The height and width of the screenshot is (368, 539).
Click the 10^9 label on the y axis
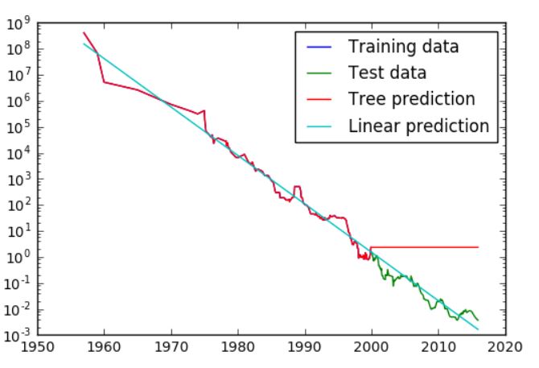point(17,24)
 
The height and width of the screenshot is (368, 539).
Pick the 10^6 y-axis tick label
point(17,102)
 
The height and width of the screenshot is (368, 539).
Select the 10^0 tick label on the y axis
point(17,258)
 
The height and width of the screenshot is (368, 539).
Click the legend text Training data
point(403,46)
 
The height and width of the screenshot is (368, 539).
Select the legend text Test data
point(386,72)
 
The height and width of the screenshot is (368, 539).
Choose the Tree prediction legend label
point(410,99)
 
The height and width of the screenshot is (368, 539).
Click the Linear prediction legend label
point(418,126)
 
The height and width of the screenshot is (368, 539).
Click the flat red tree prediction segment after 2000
point(426,247)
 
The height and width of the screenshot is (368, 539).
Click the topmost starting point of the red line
point(84,33)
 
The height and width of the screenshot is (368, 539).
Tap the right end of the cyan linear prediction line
point(478,329)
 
